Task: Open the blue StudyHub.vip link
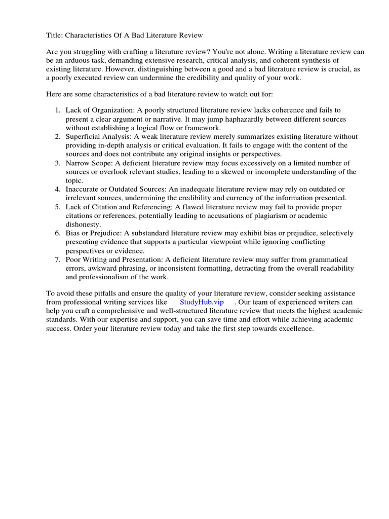(202, 302)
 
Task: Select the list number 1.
(57, 110)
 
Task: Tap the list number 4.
(57, 189)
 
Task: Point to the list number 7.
(57, 259)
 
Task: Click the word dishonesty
(83, 224)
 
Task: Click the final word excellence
(296, 328)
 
